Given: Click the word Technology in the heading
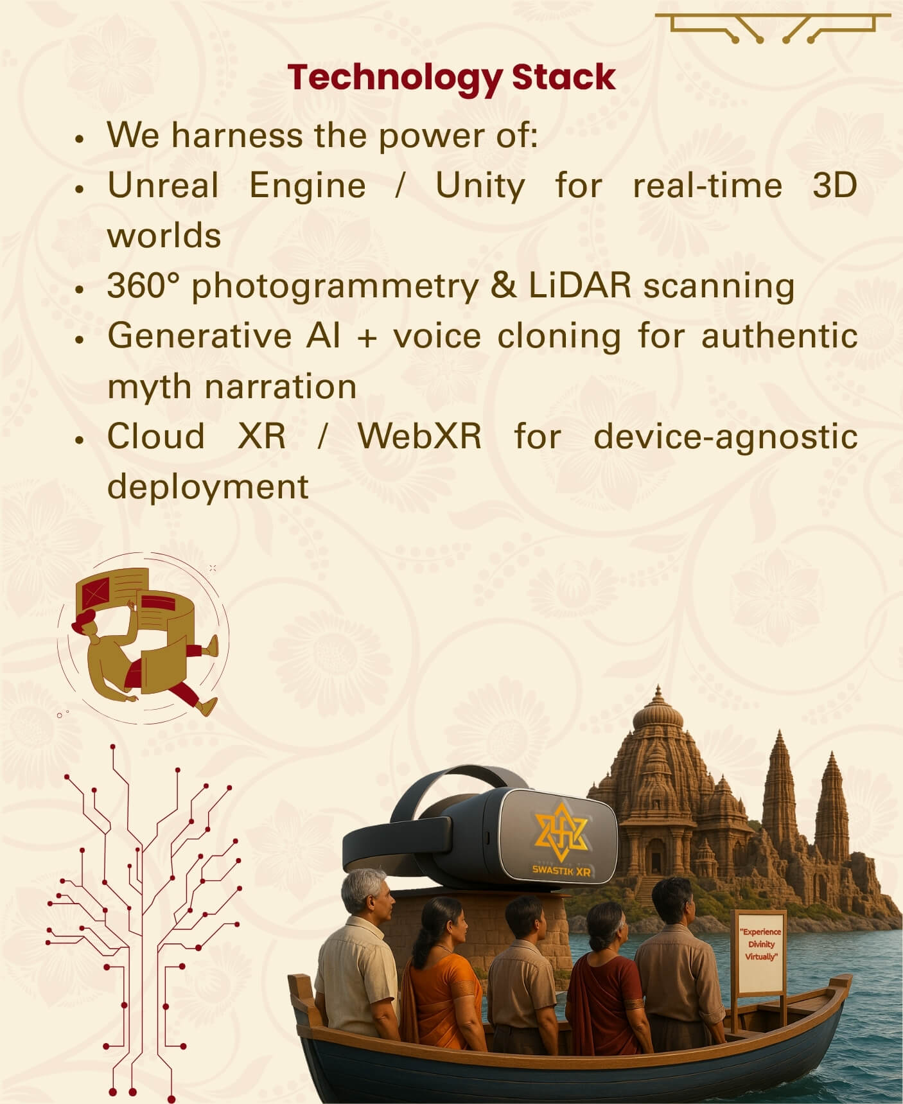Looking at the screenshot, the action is [x=395, y=78].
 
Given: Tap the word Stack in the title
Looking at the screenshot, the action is [x=564, y=77].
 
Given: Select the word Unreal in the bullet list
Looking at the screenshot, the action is [x=163, y=186].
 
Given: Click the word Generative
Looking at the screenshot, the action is [x=199, y=336].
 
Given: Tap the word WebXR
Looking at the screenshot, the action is [x=419, y=436].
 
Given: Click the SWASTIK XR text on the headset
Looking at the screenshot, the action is [x=561, y=871].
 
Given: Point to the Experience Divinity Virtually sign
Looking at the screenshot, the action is [x=760, y=951].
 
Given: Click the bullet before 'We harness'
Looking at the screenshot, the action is [x=80, y=139].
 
